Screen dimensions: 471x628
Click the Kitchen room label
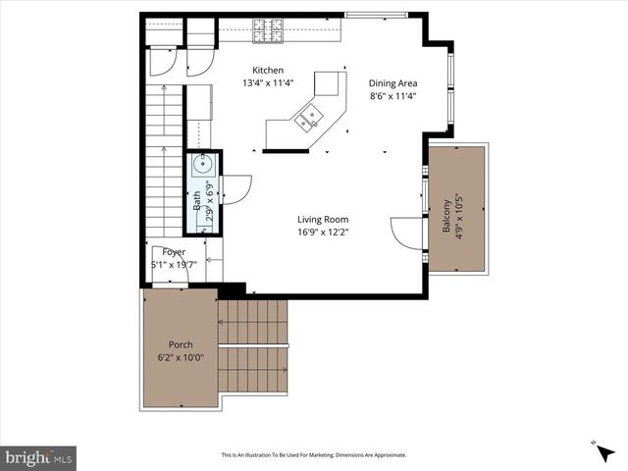[x=268, y=71]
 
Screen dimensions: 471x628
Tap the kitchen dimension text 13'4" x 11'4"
[x=268, y=83]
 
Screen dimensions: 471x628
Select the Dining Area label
[x=392, y=83]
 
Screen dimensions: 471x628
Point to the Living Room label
[x=324, y=220]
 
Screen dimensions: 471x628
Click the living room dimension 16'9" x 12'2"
[x=324, y=233]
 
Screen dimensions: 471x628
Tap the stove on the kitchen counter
[x=267, y=30]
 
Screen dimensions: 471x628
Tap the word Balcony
[x=446, y=216]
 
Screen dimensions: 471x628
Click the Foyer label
[x=174, y=252]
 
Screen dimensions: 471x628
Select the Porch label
[x=181, y=344]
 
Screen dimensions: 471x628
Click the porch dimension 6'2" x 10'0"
[x=181, y=357]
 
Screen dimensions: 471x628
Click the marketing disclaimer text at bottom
[x=314, y=455]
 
